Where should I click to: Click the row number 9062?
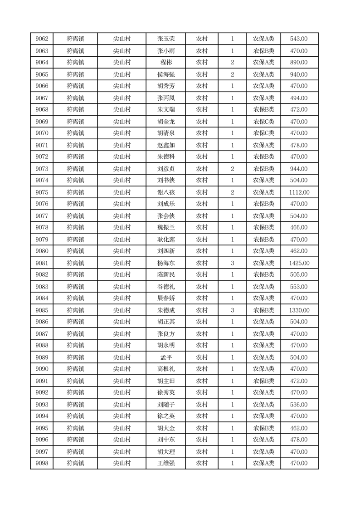coord(42,39)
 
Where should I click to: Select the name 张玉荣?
coord(166,39)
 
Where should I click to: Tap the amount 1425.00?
coord(299,263)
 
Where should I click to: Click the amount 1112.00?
coord(299,192)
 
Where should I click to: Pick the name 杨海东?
coord(166,263)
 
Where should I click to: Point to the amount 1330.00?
coord(299,310)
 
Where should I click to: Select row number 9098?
coord(42,463)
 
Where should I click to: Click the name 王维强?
coord(166,463)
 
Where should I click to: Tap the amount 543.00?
coord(299,39)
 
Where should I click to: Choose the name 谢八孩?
coord(166,192)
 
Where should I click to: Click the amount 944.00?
coord(299,169)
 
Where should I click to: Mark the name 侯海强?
coord(166,74)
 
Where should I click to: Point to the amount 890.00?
coord(299,63)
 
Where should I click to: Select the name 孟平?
coord(166,357)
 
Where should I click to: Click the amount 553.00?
coord(299,287)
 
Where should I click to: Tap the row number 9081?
coord(42,263)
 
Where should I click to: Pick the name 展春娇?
coord(166,299)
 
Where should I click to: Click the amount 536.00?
coord(299,405)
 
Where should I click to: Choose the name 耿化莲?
coord(166,240)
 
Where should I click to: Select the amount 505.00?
coord(299,275)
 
